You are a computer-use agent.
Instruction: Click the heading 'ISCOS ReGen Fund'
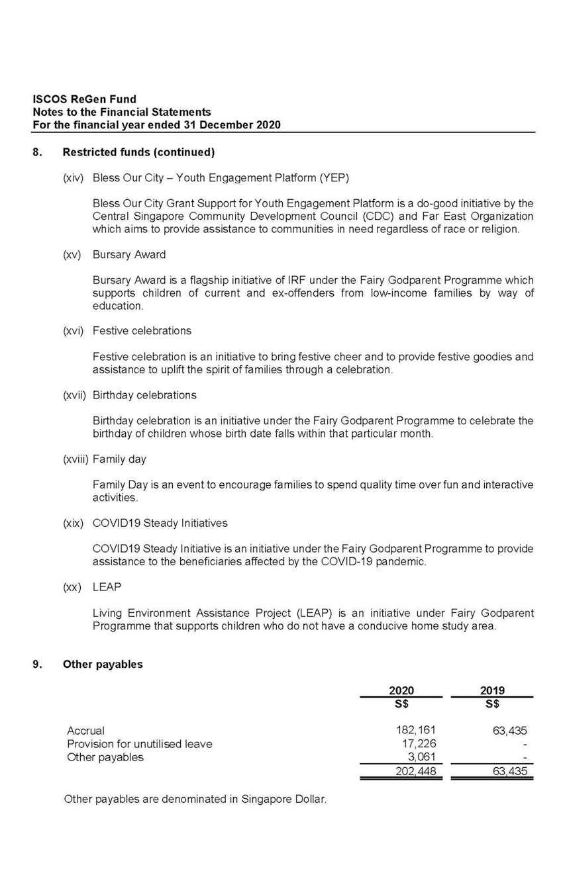(84, 100)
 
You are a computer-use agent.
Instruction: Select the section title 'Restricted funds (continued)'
(138, 152)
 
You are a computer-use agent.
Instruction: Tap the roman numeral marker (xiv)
(73, 178)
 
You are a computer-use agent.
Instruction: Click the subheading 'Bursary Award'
(129, 255)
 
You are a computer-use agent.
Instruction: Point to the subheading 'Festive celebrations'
(142, 331)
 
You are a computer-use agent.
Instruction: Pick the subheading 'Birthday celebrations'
(144, 395)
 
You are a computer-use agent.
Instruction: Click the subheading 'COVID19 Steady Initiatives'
(160, 524)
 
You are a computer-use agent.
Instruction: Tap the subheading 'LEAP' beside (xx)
(107, 588)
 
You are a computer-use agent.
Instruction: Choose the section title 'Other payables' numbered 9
(103, 665)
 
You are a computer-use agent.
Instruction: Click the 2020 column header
(401, 690)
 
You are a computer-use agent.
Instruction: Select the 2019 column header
(491, 690)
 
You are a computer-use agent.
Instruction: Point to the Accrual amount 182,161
(415, 730)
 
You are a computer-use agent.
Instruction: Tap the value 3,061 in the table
(421, 757)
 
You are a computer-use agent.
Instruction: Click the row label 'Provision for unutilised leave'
(140, 744)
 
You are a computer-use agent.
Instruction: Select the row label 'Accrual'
(85, 731)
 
